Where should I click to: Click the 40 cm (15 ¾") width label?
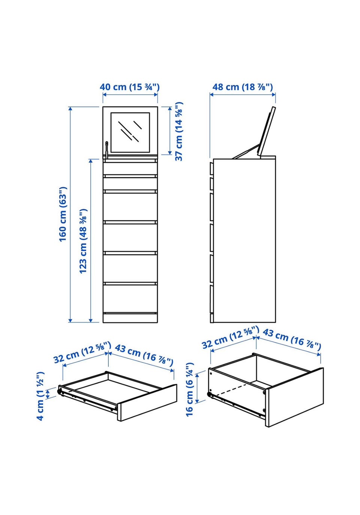click(129, 87)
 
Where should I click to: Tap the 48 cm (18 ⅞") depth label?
click(243, 87)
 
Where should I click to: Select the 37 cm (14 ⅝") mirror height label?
click(179, 131)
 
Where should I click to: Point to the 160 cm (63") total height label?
click(63, 214)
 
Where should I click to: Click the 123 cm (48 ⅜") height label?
click(83, 241)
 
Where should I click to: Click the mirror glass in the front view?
click(130, 132)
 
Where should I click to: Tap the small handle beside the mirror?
click(106, 150)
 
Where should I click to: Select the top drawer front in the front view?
click(130, 169)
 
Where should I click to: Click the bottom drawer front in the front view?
click(130, 299)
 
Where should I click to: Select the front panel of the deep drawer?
click(294, 398)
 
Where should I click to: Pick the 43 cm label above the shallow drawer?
click(144, 355)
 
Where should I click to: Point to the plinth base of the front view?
click(130, 318)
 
